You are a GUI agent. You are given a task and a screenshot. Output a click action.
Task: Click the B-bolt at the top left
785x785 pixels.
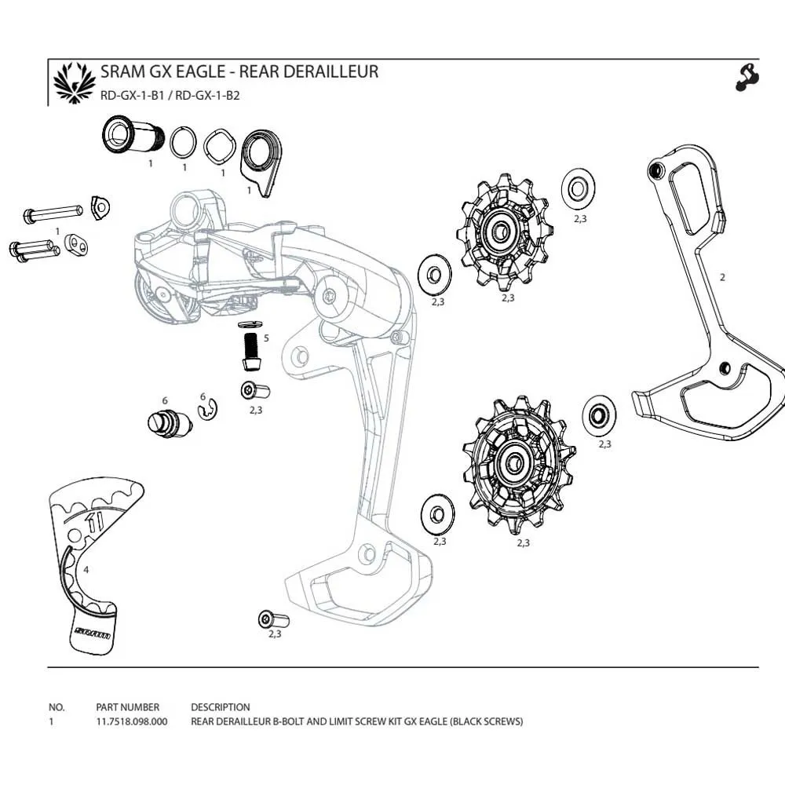(x=130, y=137)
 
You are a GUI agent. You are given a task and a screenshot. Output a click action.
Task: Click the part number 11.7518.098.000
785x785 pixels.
(x=131, y=721)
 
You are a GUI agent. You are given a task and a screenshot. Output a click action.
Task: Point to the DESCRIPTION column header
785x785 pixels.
(x=221, y=707)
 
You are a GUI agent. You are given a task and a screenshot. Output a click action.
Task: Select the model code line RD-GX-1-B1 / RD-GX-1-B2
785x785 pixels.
(x=170, y=97)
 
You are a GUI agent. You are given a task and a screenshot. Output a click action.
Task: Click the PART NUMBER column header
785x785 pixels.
(x=127, y=707)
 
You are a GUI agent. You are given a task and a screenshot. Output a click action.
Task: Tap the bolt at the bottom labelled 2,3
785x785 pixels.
(x=273, y=620)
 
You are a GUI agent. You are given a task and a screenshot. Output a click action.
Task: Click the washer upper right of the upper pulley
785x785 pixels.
(x=577, y=189)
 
